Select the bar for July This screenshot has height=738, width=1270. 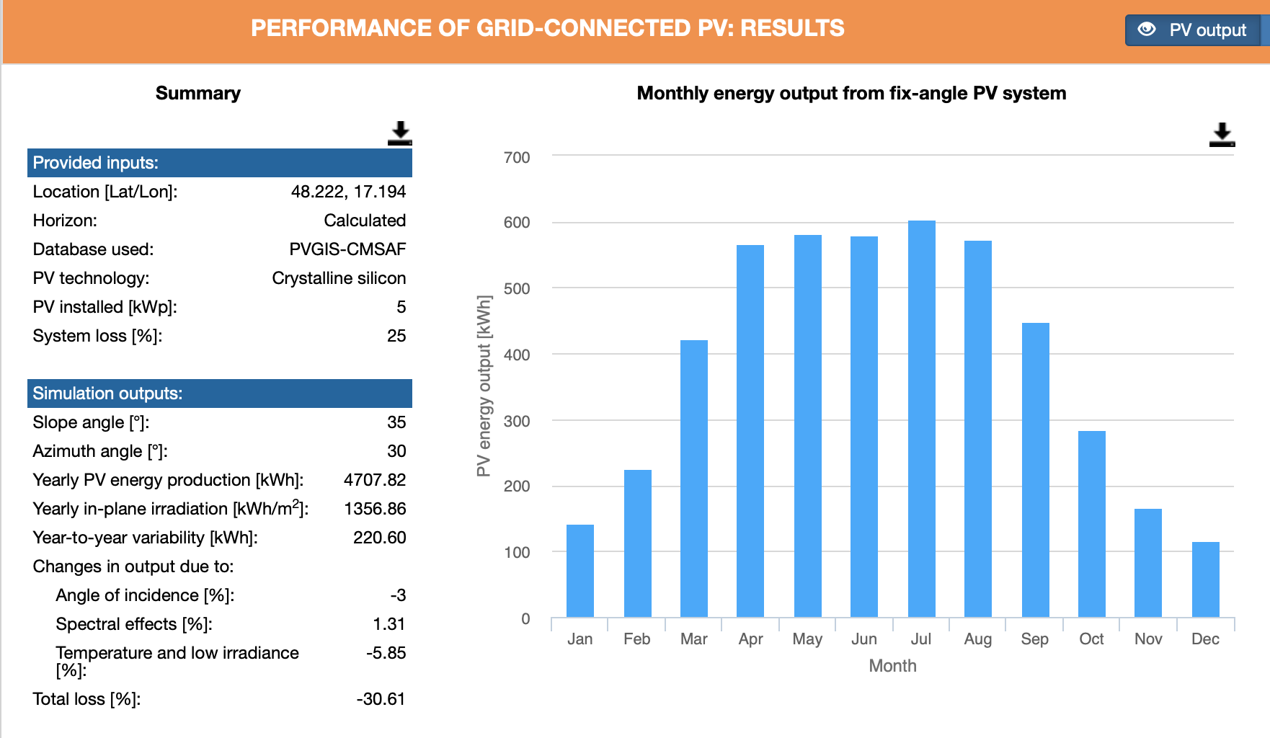pos(921,419)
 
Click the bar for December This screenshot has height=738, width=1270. pos(1205,579)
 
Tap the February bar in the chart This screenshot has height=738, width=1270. pos(637,543)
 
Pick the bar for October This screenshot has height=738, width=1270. pos(1091,524)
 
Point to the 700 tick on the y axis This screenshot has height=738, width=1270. pos(517,157)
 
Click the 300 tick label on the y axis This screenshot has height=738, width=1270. pos(517,421)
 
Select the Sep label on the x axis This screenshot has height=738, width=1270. pos(1034,639)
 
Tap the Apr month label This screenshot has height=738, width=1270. pos(750,639)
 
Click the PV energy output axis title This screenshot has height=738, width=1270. pos(484,386)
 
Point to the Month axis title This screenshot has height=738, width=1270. pos(892,666)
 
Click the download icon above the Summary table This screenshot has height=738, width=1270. pos(399,133)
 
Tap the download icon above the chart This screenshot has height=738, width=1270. pos(1222,134)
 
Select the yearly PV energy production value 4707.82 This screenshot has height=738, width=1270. pos(375,480)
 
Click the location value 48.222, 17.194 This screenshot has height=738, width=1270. pos(348,192)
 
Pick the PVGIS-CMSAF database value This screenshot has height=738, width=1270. pos(347,249)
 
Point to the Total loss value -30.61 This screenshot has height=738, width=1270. pos(381,699)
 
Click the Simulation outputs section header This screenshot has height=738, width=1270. pos(220,394)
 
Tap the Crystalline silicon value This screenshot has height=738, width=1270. pos(339,278)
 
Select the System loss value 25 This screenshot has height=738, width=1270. pos(396,336)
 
